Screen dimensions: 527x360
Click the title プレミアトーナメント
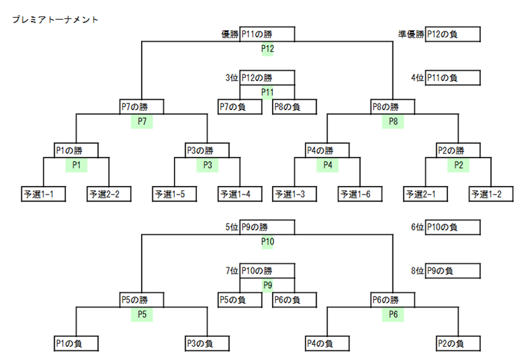[x=55, y=20]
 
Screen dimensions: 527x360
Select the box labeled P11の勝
[x=267, y=34]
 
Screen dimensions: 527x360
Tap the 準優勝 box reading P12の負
[x=453, y=34]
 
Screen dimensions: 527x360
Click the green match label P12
[x=267, y=49]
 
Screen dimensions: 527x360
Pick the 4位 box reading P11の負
[x=453, y=78]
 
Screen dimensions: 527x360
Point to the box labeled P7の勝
[x=142, y=107]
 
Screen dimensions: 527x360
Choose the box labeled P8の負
[x=294, y=107]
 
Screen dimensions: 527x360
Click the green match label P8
[x=393, y=121]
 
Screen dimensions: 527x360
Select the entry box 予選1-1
[x=43, y=194]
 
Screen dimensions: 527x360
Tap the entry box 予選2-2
[x=109, y=194]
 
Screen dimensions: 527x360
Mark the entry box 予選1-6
[x=360, y=194]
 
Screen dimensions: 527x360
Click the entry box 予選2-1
[x=426, y=194]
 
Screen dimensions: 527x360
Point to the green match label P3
[x=208, y=165]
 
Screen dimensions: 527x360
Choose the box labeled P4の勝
[x=327, y=150]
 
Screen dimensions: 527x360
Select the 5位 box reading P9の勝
[x=267, y=227]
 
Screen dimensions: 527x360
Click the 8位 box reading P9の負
[x=453, y=271]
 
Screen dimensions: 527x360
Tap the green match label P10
[x=267, y=242]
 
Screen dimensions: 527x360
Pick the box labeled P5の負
[x=240, y=300]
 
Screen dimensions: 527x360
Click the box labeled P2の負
[x=458, y=344]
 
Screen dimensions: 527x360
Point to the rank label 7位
[x=232, y=271]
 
